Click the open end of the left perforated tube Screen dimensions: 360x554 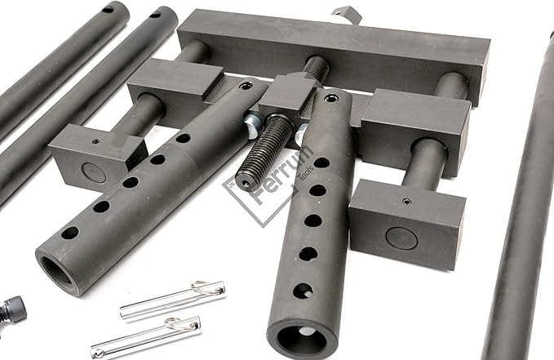tap(57, 272)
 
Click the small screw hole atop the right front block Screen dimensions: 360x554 tap(403, 201)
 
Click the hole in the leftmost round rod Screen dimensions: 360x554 tap(107, 11)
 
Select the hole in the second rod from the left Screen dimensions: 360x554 tap(153, 15)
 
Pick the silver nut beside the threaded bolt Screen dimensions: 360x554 tap(254, 124)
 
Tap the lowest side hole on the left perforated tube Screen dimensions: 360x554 tap(69, 233)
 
